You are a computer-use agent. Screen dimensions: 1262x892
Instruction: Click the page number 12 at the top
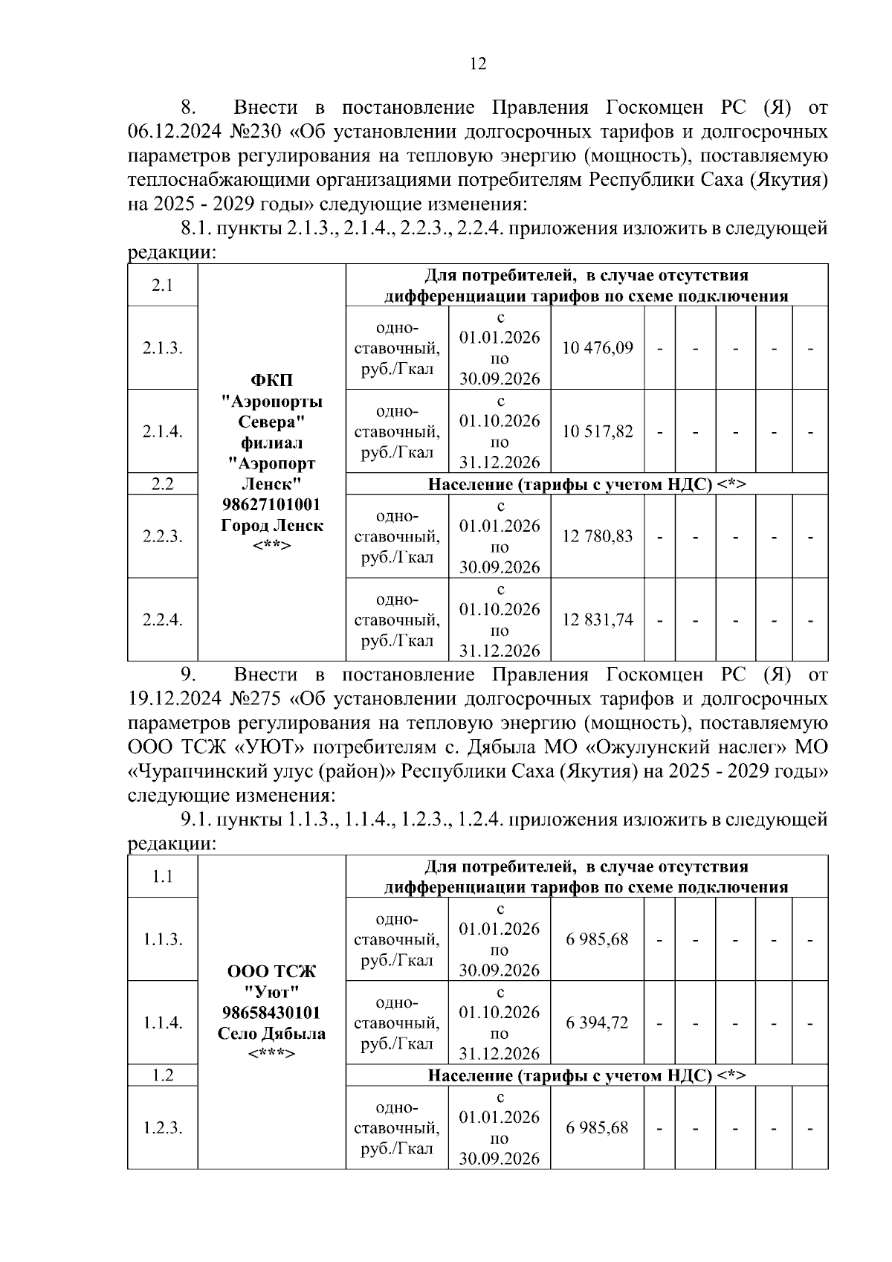[478, 64]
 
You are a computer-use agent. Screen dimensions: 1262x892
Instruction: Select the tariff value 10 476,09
[598, 348]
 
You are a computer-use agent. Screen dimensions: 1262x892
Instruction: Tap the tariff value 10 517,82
[598, 431]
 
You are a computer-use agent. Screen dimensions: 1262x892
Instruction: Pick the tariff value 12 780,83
[598, 536]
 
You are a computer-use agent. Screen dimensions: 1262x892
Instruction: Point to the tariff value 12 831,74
[598, 619]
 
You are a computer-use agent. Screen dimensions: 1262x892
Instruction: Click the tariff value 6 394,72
[597, 1023]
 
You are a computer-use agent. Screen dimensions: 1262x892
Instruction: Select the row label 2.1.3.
[163, 348]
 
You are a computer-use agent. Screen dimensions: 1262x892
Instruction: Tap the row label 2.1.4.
[163, 431]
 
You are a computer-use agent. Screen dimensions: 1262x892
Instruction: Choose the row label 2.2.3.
[163, 536]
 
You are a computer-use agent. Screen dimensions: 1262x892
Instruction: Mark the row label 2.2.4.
[163, 619]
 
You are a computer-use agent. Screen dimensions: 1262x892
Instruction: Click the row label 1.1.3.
[163, 939]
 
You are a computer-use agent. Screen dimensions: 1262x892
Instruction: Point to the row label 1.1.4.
[163, 1023]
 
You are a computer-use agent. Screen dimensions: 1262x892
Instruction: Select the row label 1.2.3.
[163, 1127]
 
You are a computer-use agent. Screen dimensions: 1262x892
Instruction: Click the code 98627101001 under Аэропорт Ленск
[271, 505]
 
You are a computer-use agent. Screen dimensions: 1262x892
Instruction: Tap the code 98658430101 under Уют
[271, 1013]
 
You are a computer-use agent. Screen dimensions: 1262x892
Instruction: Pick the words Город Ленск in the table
[271, 526]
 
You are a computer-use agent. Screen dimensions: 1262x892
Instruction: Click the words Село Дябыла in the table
[271, 1034]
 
